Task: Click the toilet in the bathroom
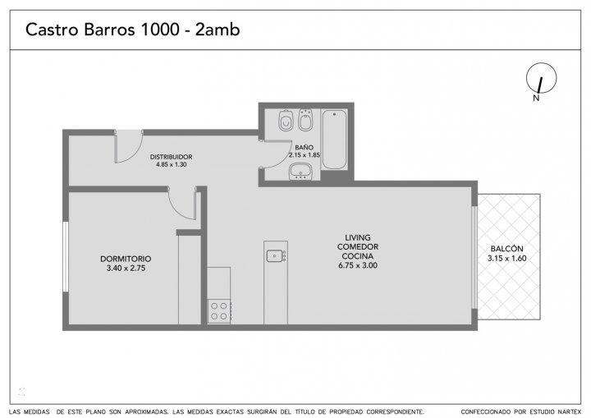click(x=286, y=121)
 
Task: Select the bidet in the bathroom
click(x=305, y=120)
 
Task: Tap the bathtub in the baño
click(x=334, y=140)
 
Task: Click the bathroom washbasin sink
click(x=300, y=172)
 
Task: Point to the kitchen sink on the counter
click(x=277, y=255)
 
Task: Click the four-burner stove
click(x=219, y=311)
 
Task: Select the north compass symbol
click(x=541, y=80)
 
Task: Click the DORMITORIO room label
click(x=126, y=259)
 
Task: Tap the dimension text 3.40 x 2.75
click(x=126, y=269)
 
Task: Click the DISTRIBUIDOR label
click(x=171, y=157)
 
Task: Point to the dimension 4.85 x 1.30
click(x=171, y=164)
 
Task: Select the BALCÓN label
click(x=507, y=249)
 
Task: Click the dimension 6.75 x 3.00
click(x=358, y=265)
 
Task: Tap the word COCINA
click(x=358, y=256)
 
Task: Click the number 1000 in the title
click(x=159, y=30)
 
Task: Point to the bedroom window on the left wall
click(x=66, y=256)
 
